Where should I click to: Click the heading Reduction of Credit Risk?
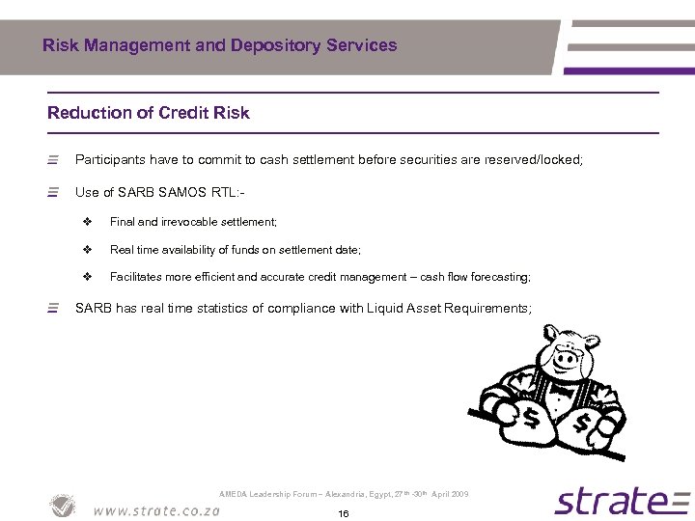click(149, 113)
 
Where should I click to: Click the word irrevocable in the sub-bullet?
click(184, 222)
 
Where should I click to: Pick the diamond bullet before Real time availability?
click(87, 250)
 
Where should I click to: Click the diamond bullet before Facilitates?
click(87, 277)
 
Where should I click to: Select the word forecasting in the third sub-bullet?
click(497, 277)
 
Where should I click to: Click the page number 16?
click(343, 513)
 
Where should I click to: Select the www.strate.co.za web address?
click(155, 510)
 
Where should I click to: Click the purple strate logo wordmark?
click(609, 502)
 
